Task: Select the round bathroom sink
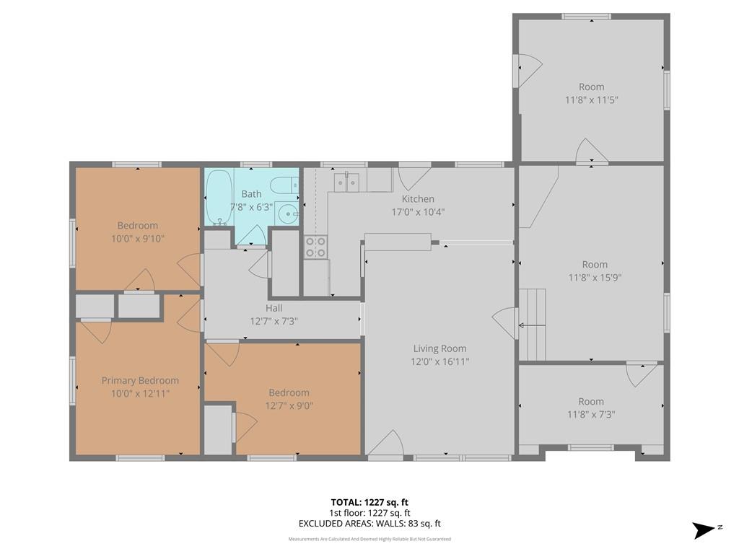coord(287,215)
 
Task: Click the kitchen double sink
coord(346,183)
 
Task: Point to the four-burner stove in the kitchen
coord(316,247)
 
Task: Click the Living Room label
coord(440,348)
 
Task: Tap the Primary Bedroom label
coord(141,380)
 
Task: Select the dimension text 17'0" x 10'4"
coord(418,212)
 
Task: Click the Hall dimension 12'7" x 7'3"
coord(274,321)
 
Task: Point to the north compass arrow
coord(704,530)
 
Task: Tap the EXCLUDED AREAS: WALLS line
coord(369,524)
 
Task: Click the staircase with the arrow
coord(532,325)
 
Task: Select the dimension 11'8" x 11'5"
coord(592,100)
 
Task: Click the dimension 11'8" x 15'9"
coord(595,278)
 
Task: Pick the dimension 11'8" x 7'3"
coord(591,415)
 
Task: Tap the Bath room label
coord(251,193)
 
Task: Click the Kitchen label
coord(418,199)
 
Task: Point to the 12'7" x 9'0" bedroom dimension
coord(289,405)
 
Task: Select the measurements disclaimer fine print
coord(369,539)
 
